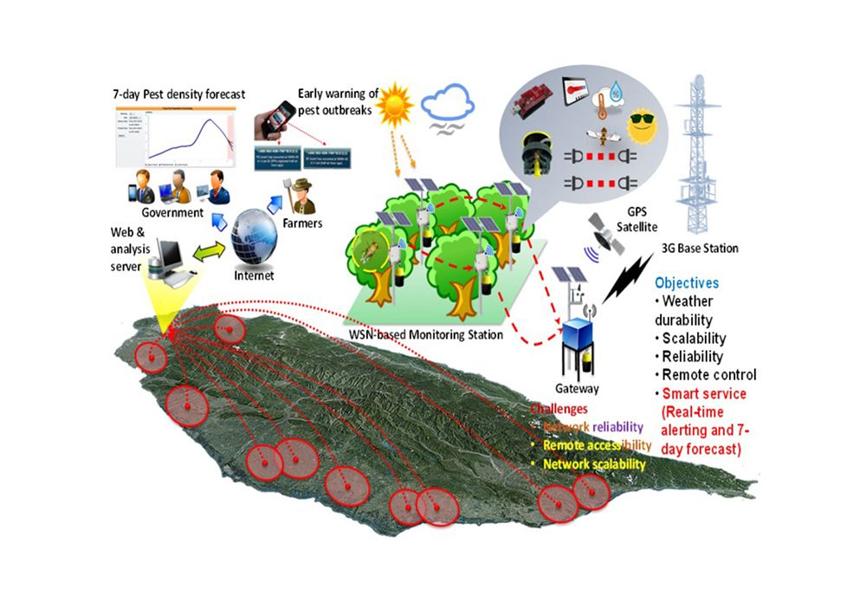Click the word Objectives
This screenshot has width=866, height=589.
(687, 283)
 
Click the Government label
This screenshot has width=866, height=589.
(173, 212)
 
